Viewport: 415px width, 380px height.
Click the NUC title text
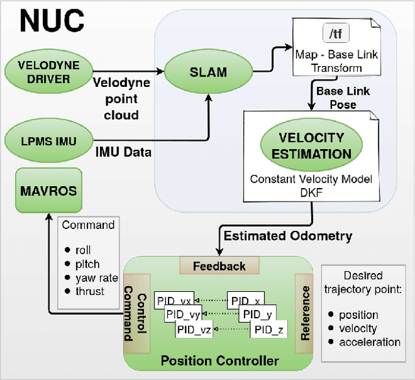tap(52, 21)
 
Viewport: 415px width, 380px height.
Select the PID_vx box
tap(177, 301)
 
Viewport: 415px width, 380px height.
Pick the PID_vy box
tap(184, 315)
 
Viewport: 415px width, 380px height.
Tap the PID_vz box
tap(193, 329)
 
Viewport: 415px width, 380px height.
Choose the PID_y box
tap(257, 315)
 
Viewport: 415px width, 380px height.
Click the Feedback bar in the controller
tap(219, 266)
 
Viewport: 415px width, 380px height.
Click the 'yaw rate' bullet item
tap(96, 278)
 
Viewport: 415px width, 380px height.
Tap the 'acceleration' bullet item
tap(370, 342)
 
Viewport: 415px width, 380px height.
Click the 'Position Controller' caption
tap(219, 361)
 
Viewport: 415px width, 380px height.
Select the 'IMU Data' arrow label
tap(123, 152)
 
